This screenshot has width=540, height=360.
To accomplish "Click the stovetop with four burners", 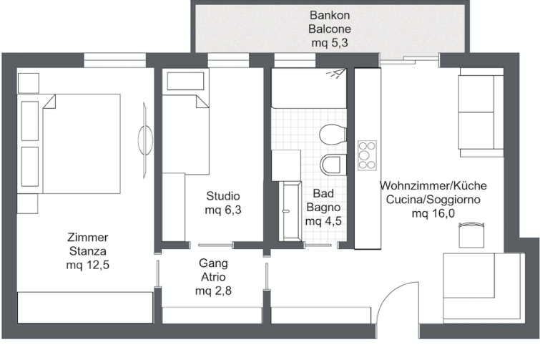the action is point(367,155).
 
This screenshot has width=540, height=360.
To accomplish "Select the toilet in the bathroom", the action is point(333,135).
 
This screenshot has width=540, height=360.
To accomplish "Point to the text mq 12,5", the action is point(88,265).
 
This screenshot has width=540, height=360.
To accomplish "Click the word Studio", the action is point(223,196).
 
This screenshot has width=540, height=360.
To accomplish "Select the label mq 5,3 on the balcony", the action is point(330,43).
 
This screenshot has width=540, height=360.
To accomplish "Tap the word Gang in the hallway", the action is point(213,263).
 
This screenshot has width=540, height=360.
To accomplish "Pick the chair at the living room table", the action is point(472,235).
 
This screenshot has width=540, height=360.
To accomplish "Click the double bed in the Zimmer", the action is point(69,144).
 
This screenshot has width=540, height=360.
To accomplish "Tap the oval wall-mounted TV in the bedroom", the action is point(145,140).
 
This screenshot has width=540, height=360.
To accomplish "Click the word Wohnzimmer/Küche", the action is point(433,185).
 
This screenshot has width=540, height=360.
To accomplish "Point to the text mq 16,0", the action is point(433,213).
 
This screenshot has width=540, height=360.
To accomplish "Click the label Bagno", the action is point(323,208).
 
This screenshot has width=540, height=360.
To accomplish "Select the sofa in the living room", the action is point(481,112).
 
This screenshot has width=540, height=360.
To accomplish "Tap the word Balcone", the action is point(330,29).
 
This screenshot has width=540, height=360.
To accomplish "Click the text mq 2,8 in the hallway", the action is point(213,291).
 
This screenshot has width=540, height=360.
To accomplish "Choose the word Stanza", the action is point(88,251).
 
